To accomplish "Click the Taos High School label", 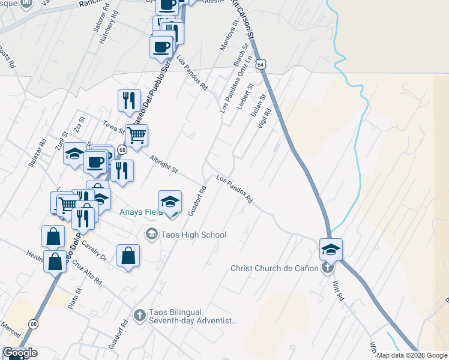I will pos(193,235).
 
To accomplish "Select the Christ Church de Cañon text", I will pos(274,268).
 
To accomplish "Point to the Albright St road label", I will pos(164,163).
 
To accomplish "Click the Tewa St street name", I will pos(113,125).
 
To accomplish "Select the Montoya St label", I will pos(230,37).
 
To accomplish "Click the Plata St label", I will pos(76,297).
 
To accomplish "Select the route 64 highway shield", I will pos(259,63).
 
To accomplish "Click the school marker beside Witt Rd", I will pos(331,249).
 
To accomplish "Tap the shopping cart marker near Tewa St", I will pos(137,136).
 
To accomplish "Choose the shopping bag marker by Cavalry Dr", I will pos(128,256).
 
